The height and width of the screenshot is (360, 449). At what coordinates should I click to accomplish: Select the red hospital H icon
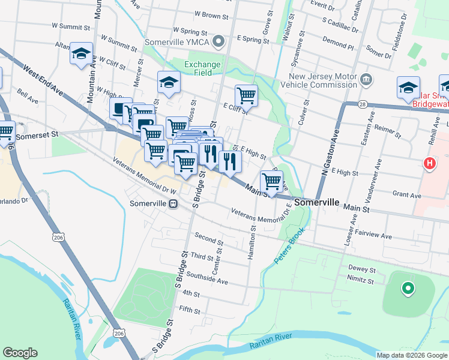pyautogui.click(x=430, y=163)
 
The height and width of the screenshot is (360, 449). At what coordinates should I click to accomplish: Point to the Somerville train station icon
pyautogui.click(x=173, y=203)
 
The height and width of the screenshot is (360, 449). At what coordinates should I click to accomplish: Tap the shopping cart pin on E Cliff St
pyautogui.click(x=246, y=95)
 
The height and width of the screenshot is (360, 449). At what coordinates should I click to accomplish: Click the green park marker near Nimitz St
pyautogui.click(x=408, y=289)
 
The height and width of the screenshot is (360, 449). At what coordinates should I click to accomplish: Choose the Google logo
pyautogui.click(x=20, y=353)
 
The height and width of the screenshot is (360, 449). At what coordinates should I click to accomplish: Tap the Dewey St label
pyautogui.click(x=361, y=270)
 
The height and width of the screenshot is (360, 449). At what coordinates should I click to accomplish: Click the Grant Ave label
pyautogui.click(x=406, y=194)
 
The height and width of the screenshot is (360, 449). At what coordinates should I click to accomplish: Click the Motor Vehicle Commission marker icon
pyautogui.click(x=366, y=77)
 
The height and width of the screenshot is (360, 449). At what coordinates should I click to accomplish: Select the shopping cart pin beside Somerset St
pyautogui.click(x=6, y=131)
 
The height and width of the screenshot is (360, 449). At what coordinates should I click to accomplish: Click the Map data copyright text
pyautogui.click(x=412, y=355)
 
